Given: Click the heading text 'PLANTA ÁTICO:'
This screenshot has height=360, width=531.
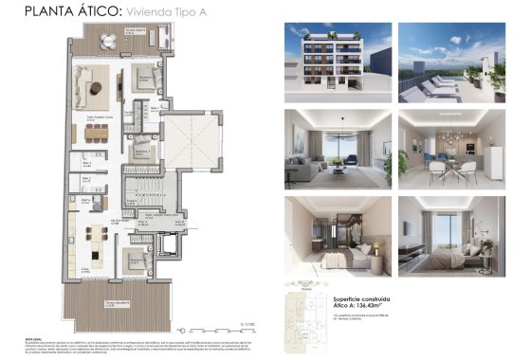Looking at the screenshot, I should point(59,12).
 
